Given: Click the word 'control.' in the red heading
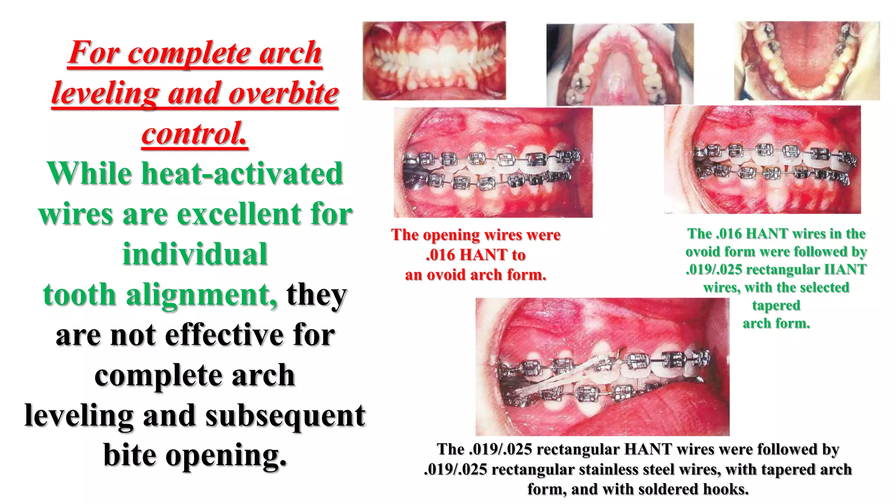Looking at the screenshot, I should pos(195,133).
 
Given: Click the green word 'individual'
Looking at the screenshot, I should pos(195,254).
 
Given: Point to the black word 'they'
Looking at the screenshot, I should pos(316,294).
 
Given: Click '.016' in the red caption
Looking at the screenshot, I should pos(441,255).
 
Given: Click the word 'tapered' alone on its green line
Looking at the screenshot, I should pos(776,305).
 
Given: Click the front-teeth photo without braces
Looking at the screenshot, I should pos(434,60).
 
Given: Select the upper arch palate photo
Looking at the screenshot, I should pos(620,64).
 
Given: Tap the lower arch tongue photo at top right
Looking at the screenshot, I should pos(807,60).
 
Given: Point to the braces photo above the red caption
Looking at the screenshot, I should pos(493,162).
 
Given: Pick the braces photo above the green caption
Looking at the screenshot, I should pos(762,160).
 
